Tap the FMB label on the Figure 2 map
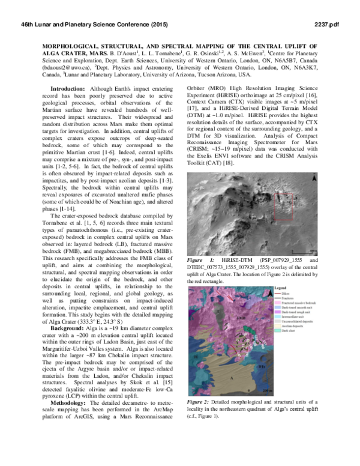tap(241, 316)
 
